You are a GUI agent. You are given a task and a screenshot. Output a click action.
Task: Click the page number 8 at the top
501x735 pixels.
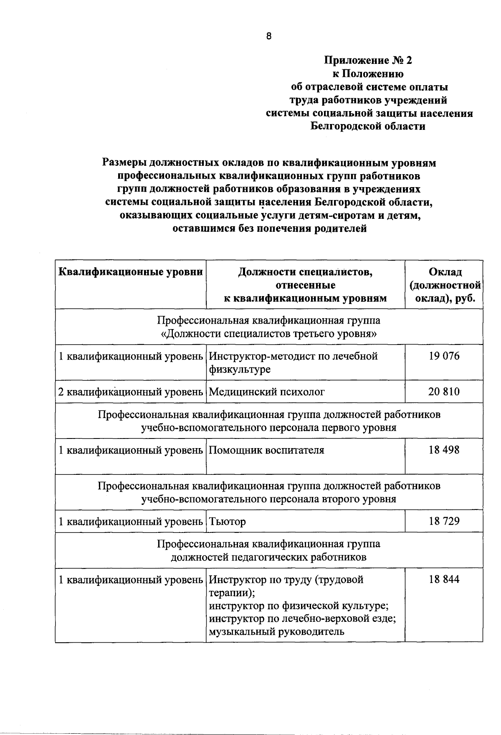(268, 36)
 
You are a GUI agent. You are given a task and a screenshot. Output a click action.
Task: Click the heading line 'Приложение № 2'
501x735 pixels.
(368, 61)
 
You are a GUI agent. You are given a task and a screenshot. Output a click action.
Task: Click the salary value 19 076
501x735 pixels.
(443, 356)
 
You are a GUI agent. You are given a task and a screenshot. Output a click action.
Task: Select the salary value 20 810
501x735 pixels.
(443, 392)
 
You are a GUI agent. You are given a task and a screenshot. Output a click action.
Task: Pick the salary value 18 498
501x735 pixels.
(443, 450)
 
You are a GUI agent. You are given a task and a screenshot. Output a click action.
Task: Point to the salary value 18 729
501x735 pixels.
(443, 521)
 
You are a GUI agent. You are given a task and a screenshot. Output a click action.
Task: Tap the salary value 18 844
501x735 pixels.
(443, 579)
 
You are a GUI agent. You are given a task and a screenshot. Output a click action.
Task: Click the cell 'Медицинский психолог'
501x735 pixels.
(266, 392)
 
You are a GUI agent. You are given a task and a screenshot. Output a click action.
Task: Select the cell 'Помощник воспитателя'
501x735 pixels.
(266, 450)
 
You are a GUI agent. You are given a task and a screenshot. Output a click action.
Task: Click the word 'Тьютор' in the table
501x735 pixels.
(227, 522)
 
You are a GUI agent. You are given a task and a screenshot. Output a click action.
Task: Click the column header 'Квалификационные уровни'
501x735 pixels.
(131, 272)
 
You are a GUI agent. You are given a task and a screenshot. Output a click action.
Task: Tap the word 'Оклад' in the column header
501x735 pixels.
(445, 272)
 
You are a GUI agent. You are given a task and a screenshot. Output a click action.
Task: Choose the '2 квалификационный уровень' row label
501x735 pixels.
(131, 392)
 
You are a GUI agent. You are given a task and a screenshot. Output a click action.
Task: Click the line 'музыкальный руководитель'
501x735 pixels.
(276, 631)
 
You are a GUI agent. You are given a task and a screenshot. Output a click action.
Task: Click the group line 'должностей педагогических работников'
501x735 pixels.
(268, 557)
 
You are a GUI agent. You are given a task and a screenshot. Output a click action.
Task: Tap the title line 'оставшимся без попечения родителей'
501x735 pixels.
(269, 228)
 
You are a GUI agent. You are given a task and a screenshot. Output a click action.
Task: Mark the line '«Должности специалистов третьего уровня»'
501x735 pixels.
(268, 334)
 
